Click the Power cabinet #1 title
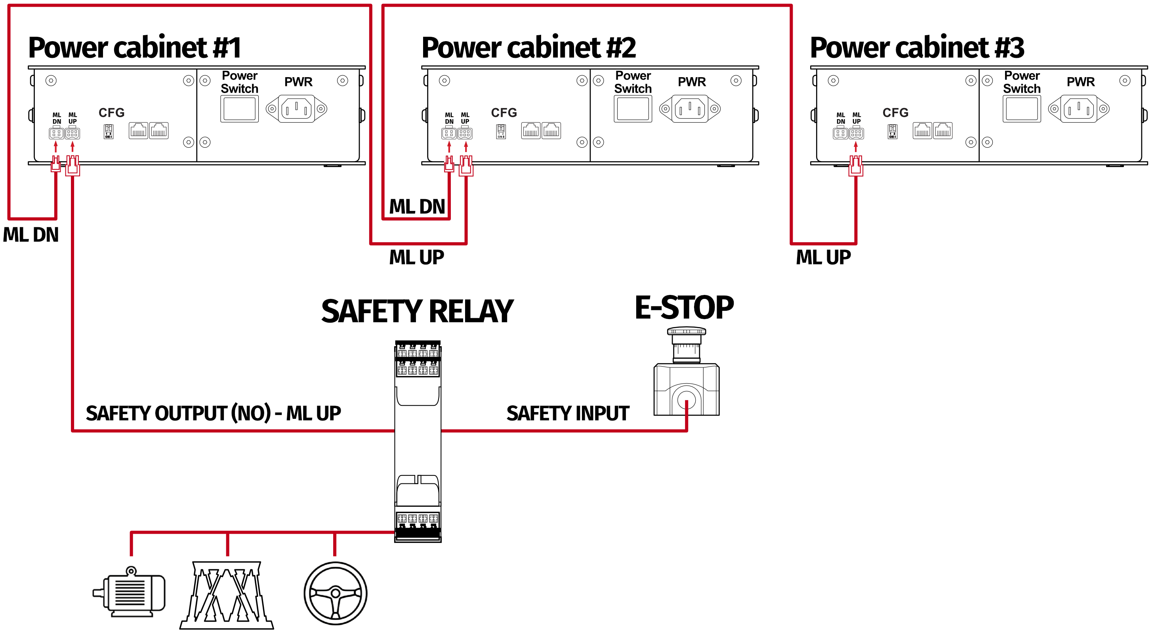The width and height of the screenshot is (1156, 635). (135, 48)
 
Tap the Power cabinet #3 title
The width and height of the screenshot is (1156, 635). (917, 48)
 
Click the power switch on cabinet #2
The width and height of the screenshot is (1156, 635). (633, 108)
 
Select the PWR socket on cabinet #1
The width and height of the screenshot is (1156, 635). (296, 108)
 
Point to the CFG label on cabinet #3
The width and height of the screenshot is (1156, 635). (895, 112)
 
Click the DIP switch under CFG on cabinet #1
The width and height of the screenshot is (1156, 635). (108, 131)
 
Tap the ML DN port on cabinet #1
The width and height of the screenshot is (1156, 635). (56, 133)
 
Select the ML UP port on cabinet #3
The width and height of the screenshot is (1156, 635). (856, 133)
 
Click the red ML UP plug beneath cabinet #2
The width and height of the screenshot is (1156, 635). (466, 165)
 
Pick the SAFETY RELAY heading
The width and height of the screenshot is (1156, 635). (417, 311)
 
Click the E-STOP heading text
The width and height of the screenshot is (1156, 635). (684, 308)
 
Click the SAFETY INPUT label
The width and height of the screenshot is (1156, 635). (567, 413)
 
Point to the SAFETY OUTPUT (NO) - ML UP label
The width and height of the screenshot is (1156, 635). (213, 413)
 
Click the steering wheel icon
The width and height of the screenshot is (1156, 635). (335, 593)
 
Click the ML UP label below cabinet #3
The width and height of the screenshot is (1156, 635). (823, 257)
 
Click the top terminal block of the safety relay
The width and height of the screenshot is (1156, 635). (417, 359)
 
